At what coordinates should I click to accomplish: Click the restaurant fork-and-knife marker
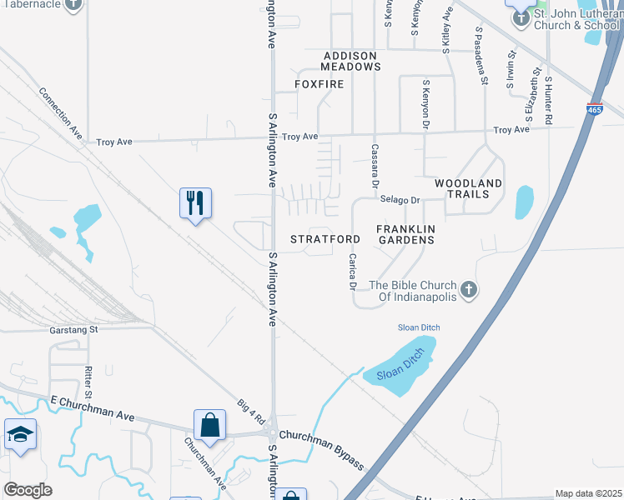195,202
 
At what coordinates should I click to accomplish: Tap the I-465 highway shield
594,109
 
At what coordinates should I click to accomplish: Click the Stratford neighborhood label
325,239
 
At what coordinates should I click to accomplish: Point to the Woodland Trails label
468,188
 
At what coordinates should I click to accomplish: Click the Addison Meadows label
352,61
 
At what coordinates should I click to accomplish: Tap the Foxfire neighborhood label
320,84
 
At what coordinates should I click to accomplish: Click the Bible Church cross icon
469,290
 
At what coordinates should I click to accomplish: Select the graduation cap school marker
20,434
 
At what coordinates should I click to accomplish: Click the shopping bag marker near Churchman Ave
209,424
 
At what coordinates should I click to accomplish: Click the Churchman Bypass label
322,448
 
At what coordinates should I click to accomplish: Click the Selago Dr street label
400,200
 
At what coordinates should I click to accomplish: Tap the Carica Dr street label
353,272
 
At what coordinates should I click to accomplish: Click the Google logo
28,490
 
